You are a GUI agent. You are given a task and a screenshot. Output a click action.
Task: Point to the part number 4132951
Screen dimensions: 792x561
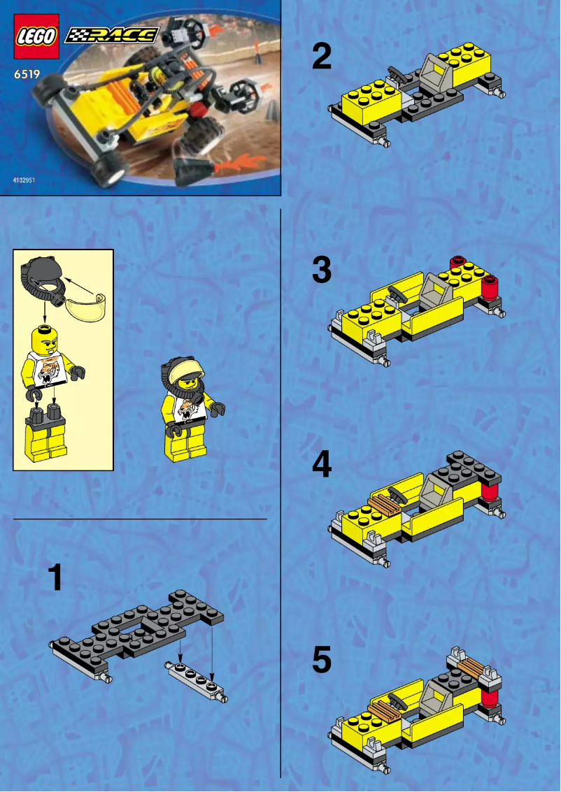24,180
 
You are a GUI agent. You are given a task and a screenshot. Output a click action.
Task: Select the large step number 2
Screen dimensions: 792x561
322,57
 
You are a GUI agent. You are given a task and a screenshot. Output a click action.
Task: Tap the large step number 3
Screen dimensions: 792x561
322,270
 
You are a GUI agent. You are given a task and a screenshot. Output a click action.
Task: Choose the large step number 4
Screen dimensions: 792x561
322,465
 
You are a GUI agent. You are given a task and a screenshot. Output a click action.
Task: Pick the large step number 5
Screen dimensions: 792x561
322,660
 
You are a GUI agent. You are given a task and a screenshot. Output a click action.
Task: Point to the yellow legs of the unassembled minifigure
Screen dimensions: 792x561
45,440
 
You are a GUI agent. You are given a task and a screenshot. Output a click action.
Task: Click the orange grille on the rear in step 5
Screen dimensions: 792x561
469,667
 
